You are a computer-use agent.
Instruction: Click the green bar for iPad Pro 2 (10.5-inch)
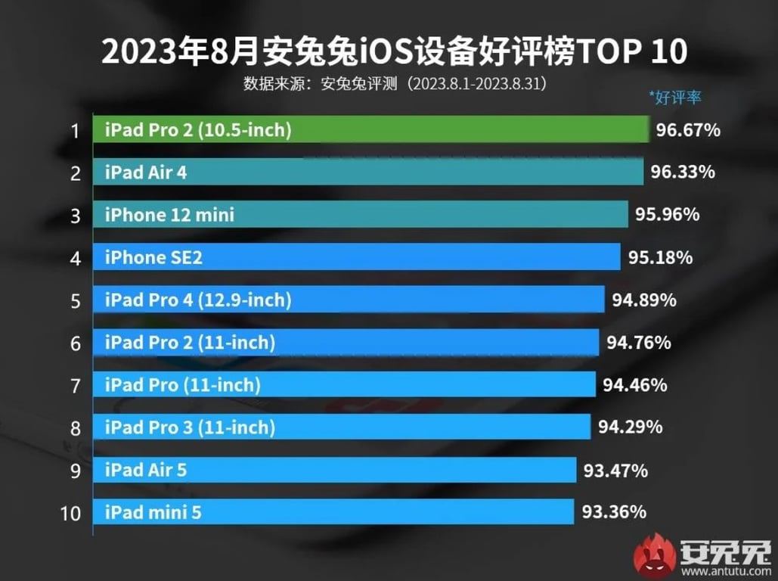tap(370, 130)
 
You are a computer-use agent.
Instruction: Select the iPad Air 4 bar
tap(367, 172)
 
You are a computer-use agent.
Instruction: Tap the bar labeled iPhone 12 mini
tap(360, 215)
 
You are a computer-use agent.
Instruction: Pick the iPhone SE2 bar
tap(356, 258)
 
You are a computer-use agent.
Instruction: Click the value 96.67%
tap(687, 130)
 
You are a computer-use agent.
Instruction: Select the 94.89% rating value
tap(644, 300)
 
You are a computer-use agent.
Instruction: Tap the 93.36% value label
tap(614, 512)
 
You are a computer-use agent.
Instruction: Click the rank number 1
tap(74, 131)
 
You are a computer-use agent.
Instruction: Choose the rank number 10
tap(70, 514)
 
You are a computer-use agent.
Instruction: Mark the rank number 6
tap(74, 343)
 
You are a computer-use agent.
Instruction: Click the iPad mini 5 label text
tap(153, 513)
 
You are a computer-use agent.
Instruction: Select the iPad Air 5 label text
tap(146, 470)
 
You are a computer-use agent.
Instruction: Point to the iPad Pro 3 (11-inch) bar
tap(341, 427)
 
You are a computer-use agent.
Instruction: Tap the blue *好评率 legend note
tap(675, 98)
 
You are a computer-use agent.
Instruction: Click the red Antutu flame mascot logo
tap(654, 555)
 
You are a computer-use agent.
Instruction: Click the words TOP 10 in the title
tap(634, 53)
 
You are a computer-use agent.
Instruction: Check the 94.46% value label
tap(634, 385)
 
